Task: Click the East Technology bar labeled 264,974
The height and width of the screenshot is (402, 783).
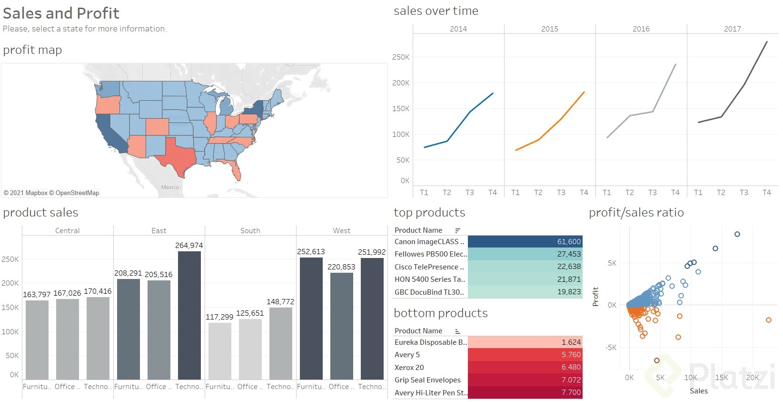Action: [189, 315]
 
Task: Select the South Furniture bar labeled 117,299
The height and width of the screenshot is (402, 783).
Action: [219, 351]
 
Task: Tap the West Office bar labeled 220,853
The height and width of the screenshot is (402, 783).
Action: [341, 326]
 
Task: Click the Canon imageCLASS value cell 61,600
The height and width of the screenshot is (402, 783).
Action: [525, 242]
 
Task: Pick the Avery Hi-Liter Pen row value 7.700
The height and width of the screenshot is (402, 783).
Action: [525, 392]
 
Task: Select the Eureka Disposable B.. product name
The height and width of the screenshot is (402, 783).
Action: [430, 342]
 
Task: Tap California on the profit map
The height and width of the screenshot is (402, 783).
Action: [110, 134]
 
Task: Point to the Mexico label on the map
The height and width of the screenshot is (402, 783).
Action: [170, 187]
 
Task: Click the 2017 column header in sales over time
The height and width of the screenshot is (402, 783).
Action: [732, 29]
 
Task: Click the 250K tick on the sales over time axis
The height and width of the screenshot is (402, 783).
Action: [400, 57]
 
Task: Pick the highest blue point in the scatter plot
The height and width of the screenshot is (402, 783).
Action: [737, 234]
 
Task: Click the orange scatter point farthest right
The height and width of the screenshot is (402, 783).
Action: [768, 320]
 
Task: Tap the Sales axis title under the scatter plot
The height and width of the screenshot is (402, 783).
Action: [698, 391]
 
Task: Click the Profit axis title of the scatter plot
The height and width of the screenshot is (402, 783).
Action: [595, 296]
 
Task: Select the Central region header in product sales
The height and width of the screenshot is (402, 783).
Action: [67, 231]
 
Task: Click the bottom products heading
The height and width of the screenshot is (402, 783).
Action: [440, 313]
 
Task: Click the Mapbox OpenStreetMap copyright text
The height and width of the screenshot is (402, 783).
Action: [51, 193]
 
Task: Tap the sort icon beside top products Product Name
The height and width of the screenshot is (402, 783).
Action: [457, 230]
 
